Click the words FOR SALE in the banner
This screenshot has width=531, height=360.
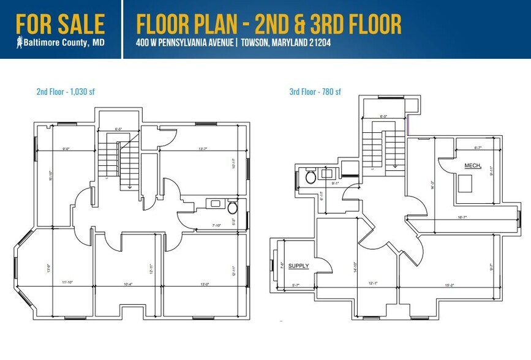click(x=60, y=24)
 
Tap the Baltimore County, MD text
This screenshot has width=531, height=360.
click(x=64, y=43)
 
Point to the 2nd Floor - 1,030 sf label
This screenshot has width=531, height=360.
click(x=66, y=92)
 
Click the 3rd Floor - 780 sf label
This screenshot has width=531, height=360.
click(x=315, y=92)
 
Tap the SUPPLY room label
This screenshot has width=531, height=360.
click(x=298, y=266)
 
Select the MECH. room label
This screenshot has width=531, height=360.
click(x=473, y=166)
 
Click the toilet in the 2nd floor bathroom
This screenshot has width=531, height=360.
click(x=232, y=208)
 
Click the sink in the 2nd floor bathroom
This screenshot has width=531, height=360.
click(x=214, y=202)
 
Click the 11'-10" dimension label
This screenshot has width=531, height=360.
click(x=72, y=282)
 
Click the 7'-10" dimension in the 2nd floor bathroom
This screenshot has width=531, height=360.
click(x=215, y=225)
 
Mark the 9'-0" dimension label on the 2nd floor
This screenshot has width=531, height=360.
click(x=66, y=148)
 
